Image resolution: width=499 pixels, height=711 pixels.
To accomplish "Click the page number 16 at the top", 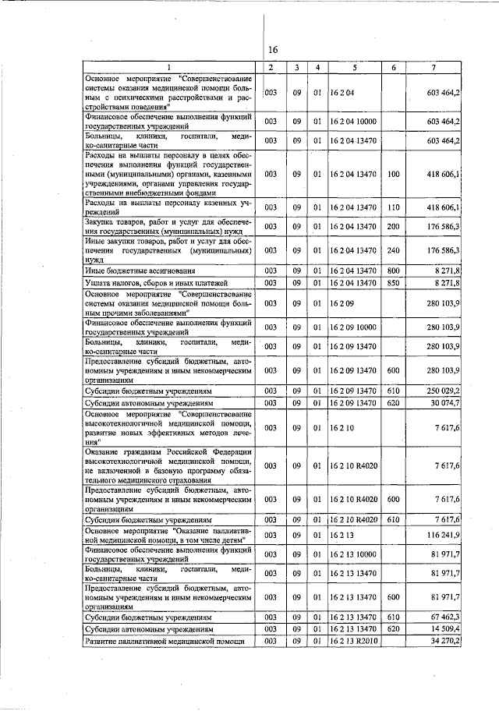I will click(273, 50).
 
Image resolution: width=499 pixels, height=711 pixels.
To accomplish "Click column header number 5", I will click(354, 68).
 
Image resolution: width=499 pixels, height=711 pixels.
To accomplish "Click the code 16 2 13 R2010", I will click(356, 640).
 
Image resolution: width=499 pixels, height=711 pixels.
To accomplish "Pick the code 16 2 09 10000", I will click(354, 327).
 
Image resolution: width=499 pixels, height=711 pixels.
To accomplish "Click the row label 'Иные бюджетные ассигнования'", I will click(129, 270).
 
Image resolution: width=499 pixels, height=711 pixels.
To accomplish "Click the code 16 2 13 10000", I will click(354, 555).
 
